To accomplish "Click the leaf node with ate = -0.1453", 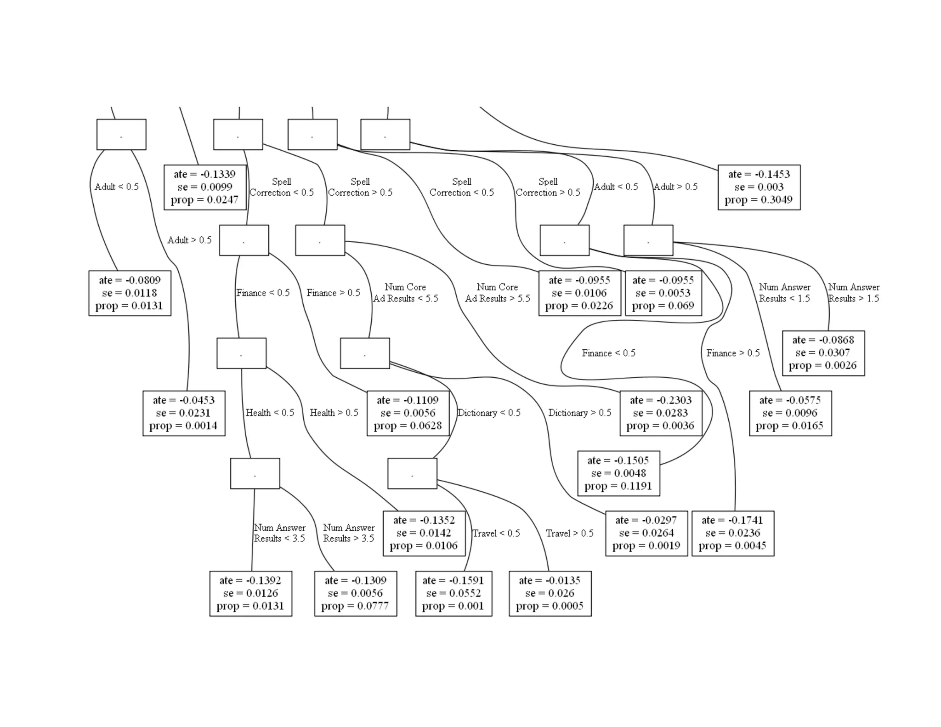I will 759,187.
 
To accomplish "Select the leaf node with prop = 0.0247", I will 205,187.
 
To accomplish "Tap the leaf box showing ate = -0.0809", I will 130,293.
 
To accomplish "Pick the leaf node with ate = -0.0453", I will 184,413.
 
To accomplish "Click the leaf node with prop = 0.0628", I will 408,413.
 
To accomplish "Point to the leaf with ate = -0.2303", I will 661,413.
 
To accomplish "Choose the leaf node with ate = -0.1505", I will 618,473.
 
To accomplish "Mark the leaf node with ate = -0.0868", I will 823,353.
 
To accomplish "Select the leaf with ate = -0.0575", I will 790,413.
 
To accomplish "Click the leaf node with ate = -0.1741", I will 733,533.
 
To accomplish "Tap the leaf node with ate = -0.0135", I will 550,593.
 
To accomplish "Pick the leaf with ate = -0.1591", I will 453,593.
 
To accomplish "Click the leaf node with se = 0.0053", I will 663,293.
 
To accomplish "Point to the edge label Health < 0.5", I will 270,413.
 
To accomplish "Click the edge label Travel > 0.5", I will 570,533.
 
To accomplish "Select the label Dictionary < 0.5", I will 489,413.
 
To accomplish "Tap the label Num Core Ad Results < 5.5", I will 405,293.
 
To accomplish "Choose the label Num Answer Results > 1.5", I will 854,293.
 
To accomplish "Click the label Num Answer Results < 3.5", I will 279,533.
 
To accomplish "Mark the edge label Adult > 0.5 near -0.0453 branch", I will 189,240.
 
